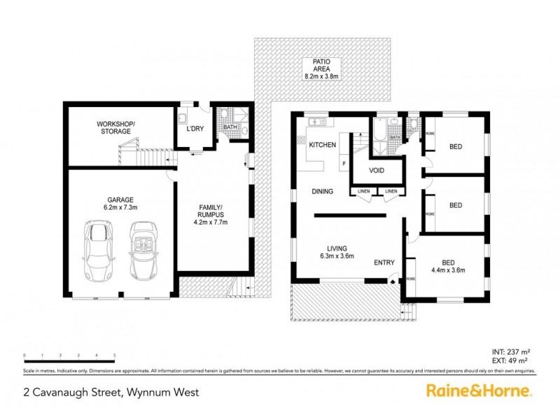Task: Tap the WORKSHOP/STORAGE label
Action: [113, 127]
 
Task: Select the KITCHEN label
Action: [322, 145]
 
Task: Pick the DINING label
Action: [322, 191]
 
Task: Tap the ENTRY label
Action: [384, 262]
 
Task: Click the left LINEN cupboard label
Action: [363, 191]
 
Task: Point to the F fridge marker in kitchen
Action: [344, 165]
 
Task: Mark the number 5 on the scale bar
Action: [114, 356]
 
